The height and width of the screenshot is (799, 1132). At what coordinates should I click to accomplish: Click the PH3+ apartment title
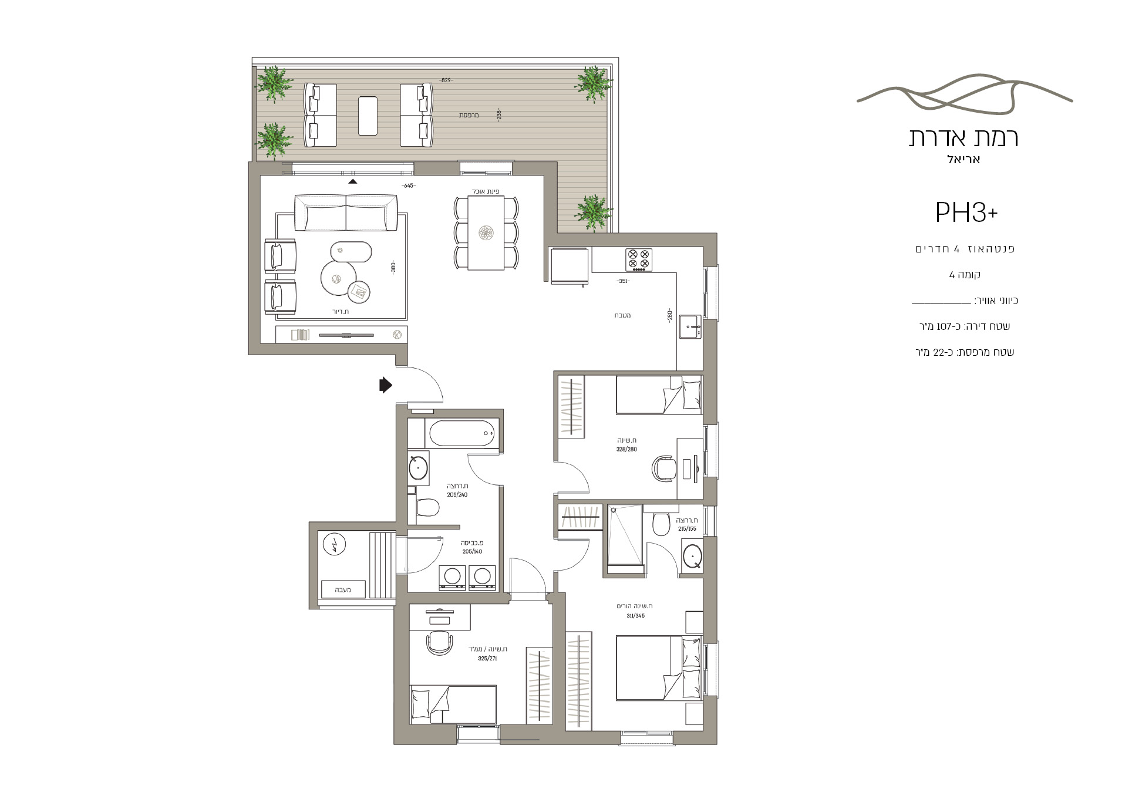tap(966, 213)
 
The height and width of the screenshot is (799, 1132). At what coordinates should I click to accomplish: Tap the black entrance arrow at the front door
tap(385, 385)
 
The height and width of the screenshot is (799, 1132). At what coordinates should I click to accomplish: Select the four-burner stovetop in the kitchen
tap(639, 260)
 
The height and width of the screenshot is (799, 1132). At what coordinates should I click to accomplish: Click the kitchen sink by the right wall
tap(690, 327)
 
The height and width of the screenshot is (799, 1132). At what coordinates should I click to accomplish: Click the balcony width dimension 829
tap(446, 80)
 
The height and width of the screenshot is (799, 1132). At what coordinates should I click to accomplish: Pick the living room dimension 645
tap(409, 186)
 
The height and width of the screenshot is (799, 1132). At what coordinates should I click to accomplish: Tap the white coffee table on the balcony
tap(368, 116)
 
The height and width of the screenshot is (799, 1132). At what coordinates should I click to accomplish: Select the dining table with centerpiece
tap(486, 233)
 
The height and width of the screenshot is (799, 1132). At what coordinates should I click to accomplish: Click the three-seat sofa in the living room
tap(345, 214)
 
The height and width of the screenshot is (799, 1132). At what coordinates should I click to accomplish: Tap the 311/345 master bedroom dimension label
tap(635, 616)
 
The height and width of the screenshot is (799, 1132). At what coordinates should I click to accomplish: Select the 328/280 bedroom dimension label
tap(626, 449)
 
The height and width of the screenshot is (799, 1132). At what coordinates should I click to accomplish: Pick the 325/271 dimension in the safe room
tap(487, 659)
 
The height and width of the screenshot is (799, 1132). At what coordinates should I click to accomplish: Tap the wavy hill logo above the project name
tap(965, 96)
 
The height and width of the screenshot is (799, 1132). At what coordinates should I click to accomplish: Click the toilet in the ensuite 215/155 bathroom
tap(661, 523)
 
